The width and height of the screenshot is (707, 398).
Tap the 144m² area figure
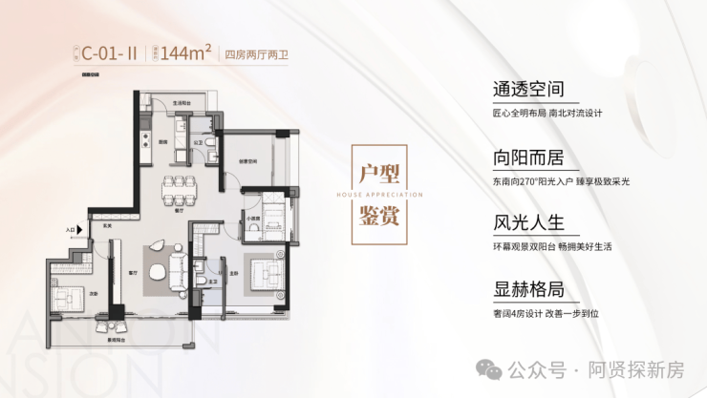184,53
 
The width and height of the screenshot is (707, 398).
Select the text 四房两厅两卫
254,54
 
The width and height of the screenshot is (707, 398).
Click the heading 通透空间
528,90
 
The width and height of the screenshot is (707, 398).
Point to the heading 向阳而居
528,158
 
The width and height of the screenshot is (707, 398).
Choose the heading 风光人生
528,225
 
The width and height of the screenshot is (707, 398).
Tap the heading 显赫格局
528,292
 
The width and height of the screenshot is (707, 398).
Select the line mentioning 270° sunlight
562,181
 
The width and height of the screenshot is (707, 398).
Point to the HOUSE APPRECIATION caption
378,193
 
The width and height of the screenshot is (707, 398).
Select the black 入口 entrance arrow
83,230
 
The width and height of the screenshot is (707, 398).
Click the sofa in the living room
179,266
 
